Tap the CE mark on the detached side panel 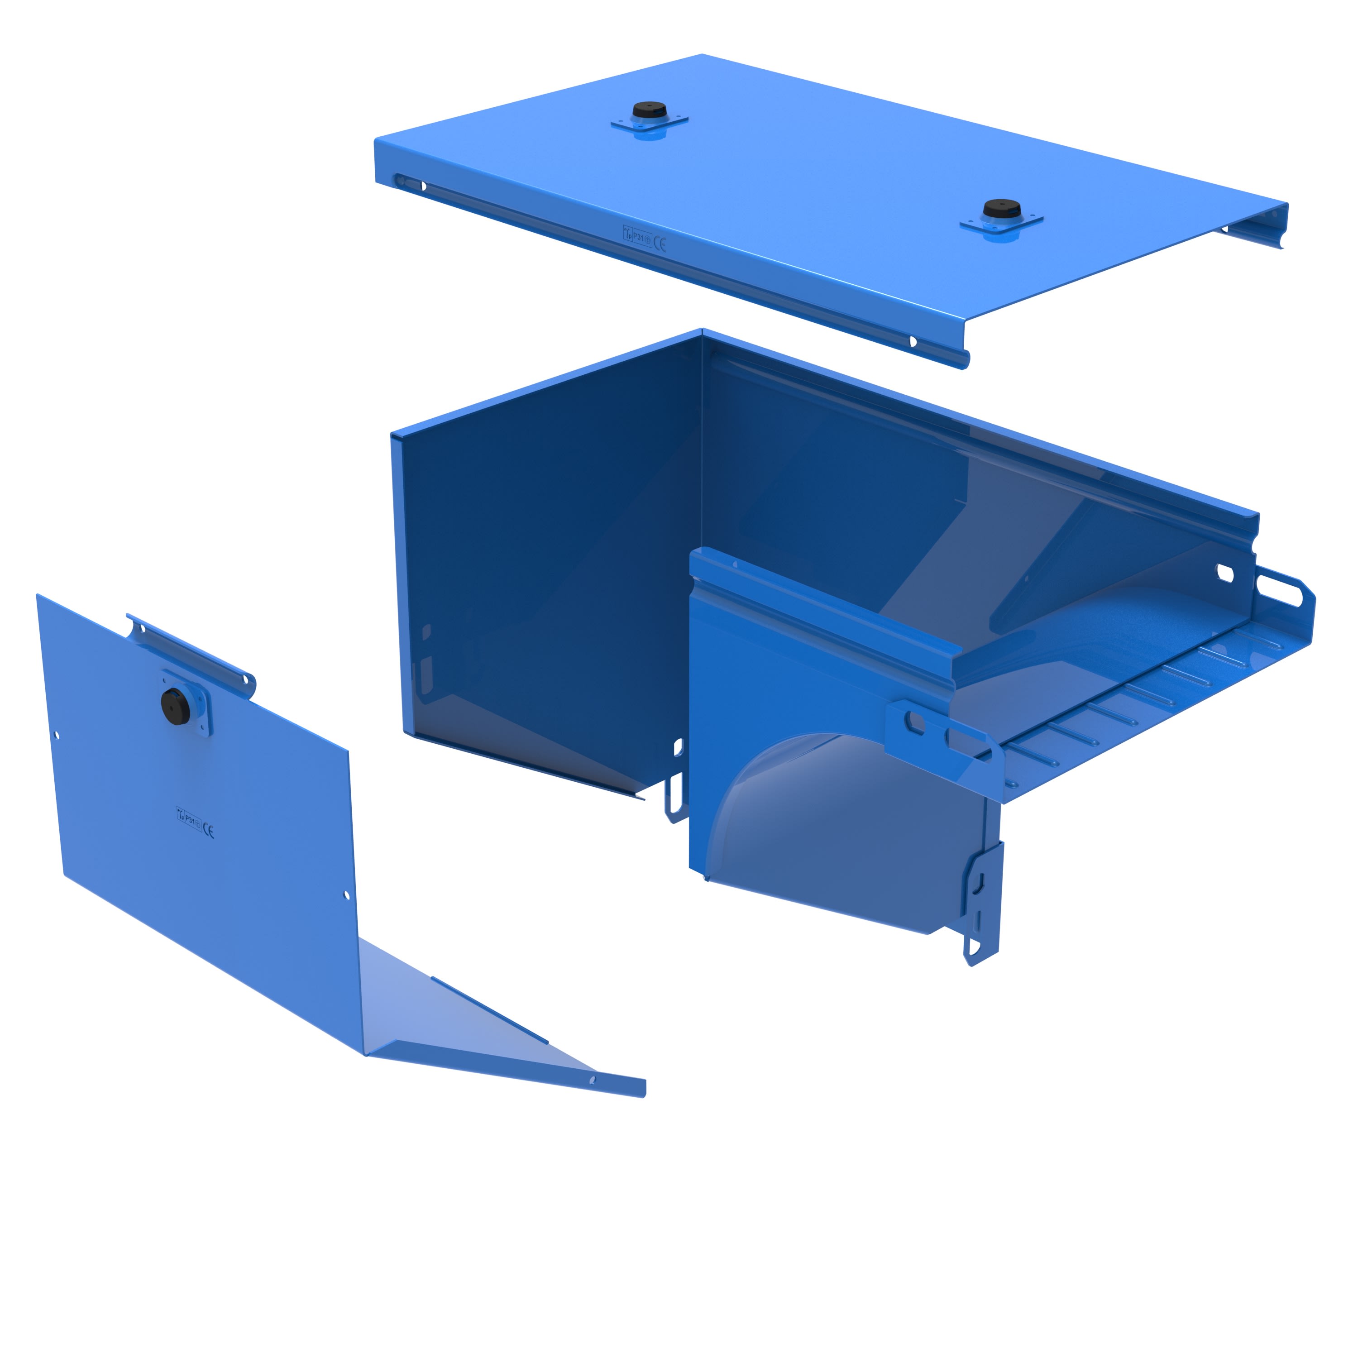pos(208,831)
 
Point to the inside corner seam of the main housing pos(702,492)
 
